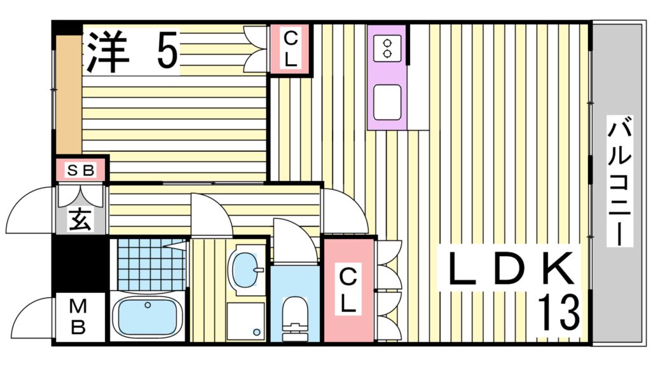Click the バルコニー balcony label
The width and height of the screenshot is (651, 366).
pos(620,182)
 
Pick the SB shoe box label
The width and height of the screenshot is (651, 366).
pos(81,170)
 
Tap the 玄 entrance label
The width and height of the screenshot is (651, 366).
pos(81,219)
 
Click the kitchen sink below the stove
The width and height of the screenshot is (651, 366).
pos(387,102)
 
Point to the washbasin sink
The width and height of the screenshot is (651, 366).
pos(245,270)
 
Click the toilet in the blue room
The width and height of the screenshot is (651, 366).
pos(294,315)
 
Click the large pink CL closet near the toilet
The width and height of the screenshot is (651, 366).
pos(348,290)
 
